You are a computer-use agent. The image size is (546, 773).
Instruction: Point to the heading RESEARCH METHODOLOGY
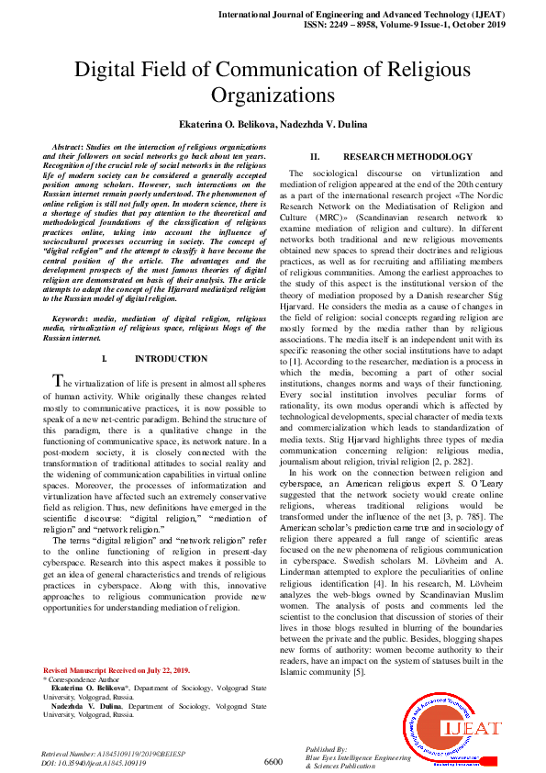[407, 157]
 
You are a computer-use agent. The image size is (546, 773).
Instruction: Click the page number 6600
[273, 761]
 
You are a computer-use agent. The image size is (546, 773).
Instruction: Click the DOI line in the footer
[94, 762]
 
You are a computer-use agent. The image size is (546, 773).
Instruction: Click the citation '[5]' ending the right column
[359, 672]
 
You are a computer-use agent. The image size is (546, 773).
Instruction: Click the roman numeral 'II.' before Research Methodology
[314, 157]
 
